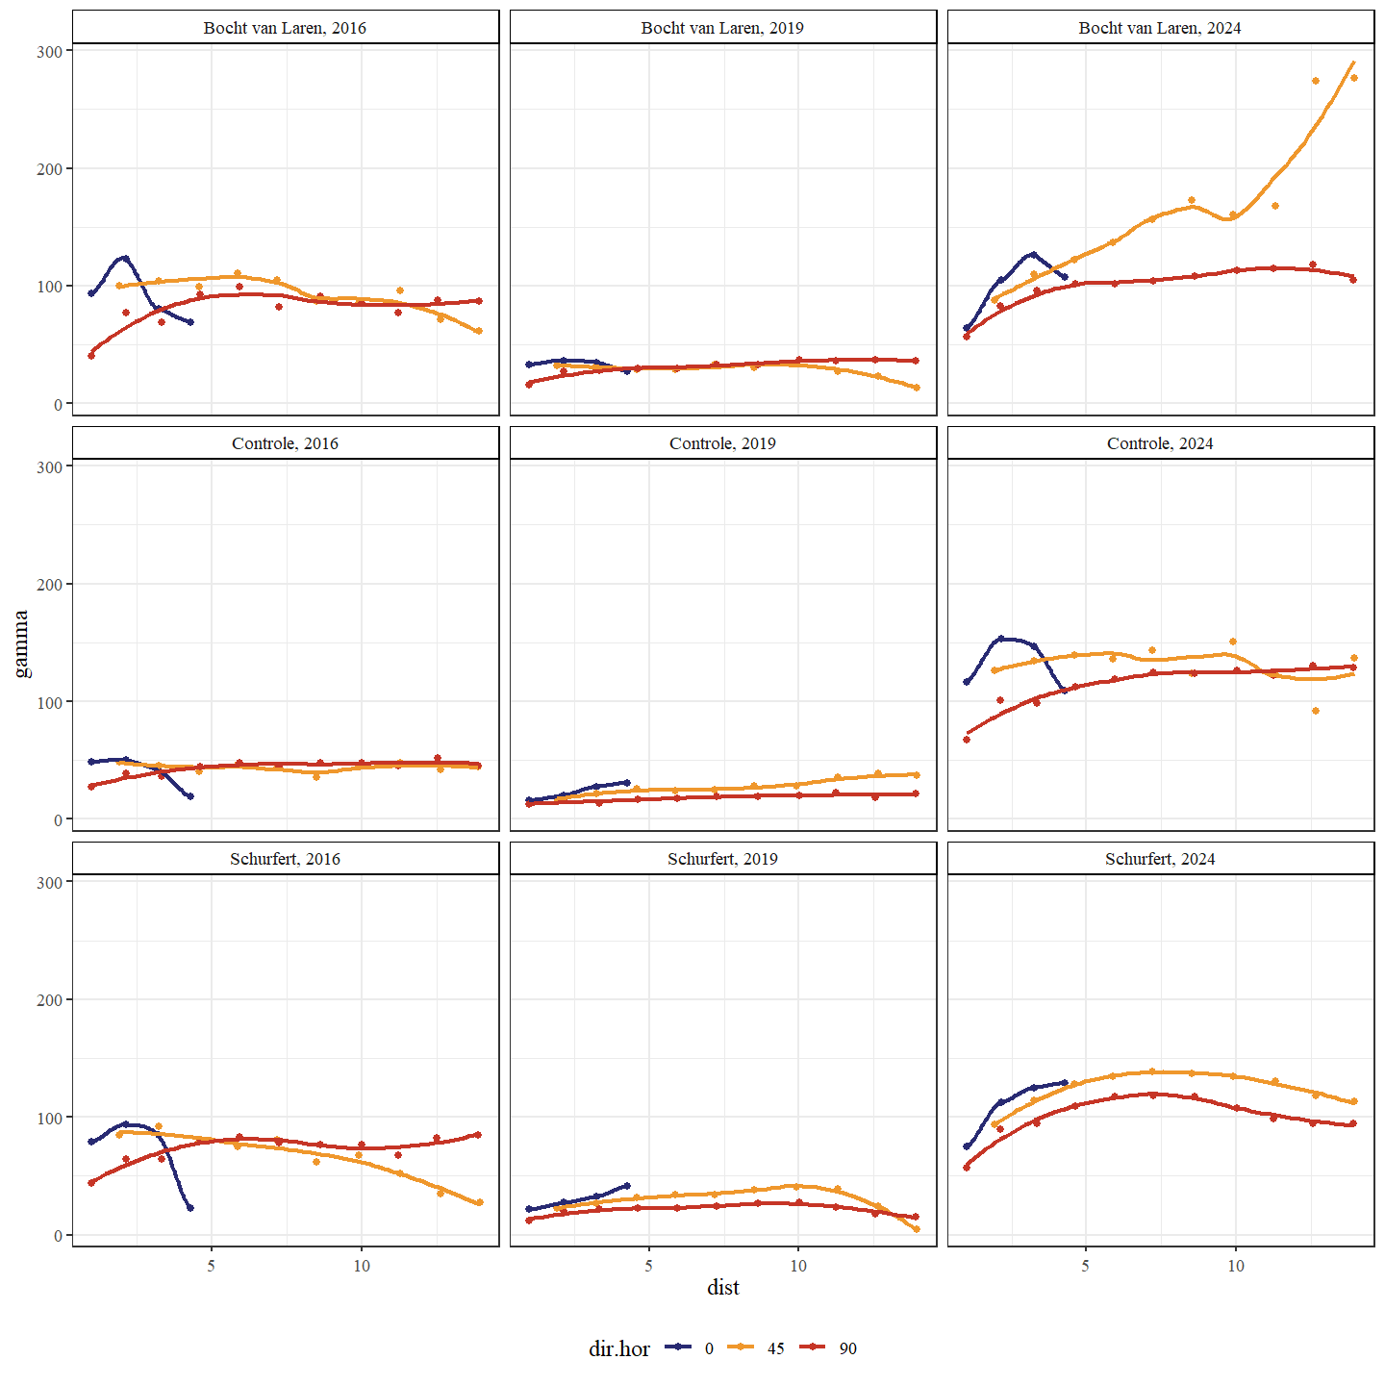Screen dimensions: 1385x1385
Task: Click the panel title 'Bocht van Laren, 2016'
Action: (285, 28)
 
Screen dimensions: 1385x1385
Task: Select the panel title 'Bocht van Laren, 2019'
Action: (722, 28)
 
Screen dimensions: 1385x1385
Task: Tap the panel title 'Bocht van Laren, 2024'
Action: (1160, 28)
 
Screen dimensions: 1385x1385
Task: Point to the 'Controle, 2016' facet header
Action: (285, 443)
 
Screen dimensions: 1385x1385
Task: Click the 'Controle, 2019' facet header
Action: (722, 443)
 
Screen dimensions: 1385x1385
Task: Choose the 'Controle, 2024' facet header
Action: (1160, 443)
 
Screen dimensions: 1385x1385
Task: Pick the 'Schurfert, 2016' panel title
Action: (285, 859)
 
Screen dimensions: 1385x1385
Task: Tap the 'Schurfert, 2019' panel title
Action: (722, 859)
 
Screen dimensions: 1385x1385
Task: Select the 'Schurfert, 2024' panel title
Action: (1160, 859)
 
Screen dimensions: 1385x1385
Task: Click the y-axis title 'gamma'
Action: (21, 644)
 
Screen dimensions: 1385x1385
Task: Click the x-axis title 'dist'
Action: (722, 1288)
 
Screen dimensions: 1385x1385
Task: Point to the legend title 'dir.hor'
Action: (618, 1349)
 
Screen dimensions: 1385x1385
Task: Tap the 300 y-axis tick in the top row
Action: (49, 51)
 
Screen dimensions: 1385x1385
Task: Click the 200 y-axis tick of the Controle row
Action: (49, 584)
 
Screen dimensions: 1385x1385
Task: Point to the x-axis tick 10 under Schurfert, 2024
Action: (1235, 1266)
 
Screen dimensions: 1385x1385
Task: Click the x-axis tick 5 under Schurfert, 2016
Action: (211, 1266)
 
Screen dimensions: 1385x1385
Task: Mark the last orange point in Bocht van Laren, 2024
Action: (1353, 78)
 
